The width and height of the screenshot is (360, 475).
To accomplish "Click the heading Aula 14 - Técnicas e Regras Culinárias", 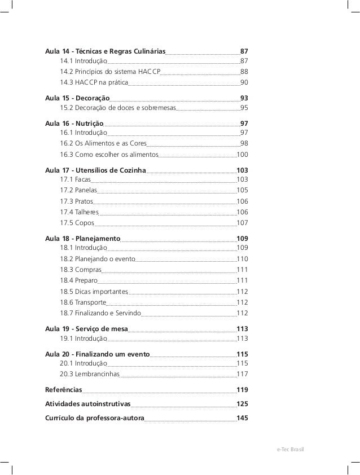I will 105,52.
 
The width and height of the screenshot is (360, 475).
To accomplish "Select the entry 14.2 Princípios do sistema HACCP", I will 110,72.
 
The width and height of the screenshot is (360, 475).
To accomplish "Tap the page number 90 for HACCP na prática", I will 244,83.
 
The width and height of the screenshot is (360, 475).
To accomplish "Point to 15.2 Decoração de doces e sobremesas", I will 118,108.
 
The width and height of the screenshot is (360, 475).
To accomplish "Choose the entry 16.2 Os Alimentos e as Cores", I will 103,143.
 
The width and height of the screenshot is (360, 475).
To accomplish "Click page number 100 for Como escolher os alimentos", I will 242,154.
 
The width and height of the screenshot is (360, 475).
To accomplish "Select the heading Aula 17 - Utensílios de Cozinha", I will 95,170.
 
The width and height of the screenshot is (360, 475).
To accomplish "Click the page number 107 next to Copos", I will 242,223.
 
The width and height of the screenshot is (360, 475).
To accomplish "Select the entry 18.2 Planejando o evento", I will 97,259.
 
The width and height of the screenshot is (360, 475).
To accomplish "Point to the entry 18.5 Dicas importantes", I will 94,292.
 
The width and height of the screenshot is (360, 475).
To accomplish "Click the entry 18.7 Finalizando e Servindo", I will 100,313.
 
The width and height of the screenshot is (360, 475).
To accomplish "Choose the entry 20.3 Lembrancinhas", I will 89,374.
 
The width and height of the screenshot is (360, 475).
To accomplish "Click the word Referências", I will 63,390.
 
